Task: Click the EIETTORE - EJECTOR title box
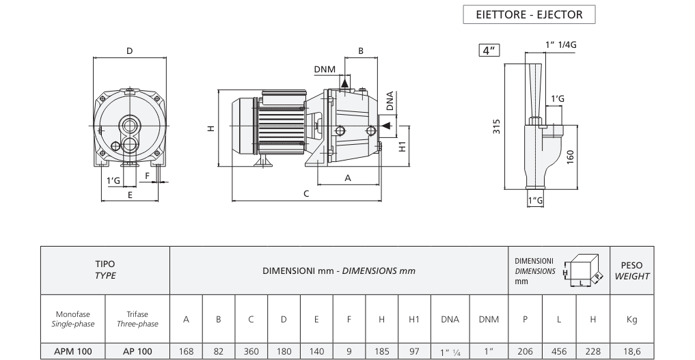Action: tap(529, 14)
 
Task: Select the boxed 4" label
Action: tap(489, 51)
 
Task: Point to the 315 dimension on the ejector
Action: tap(496, 126)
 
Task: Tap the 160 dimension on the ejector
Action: tap(571, 157)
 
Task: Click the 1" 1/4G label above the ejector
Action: tap(560, 44)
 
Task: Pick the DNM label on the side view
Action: tap(325, 69)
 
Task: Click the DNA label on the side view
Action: tap(390, 101)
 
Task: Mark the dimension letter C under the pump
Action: tap(306, 194)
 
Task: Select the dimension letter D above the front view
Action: tap(129, 51)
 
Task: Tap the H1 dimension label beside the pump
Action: tap(403, 146)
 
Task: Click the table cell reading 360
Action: tap(251, 351)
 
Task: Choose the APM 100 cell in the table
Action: tap(73, 351)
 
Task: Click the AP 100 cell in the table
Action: tap(137, 351)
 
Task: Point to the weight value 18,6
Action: tap(632, 351)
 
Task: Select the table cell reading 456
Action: tap(559, 351)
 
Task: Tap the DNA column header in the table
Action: tap(450, 319)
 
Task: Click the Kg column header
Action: tap(632, 319)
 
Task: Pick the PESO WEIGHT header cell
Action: tap(632, 271)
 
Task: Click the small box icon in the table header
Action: tap(584, 270)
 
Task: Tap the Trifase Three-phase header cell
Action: tap(137, 319)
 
